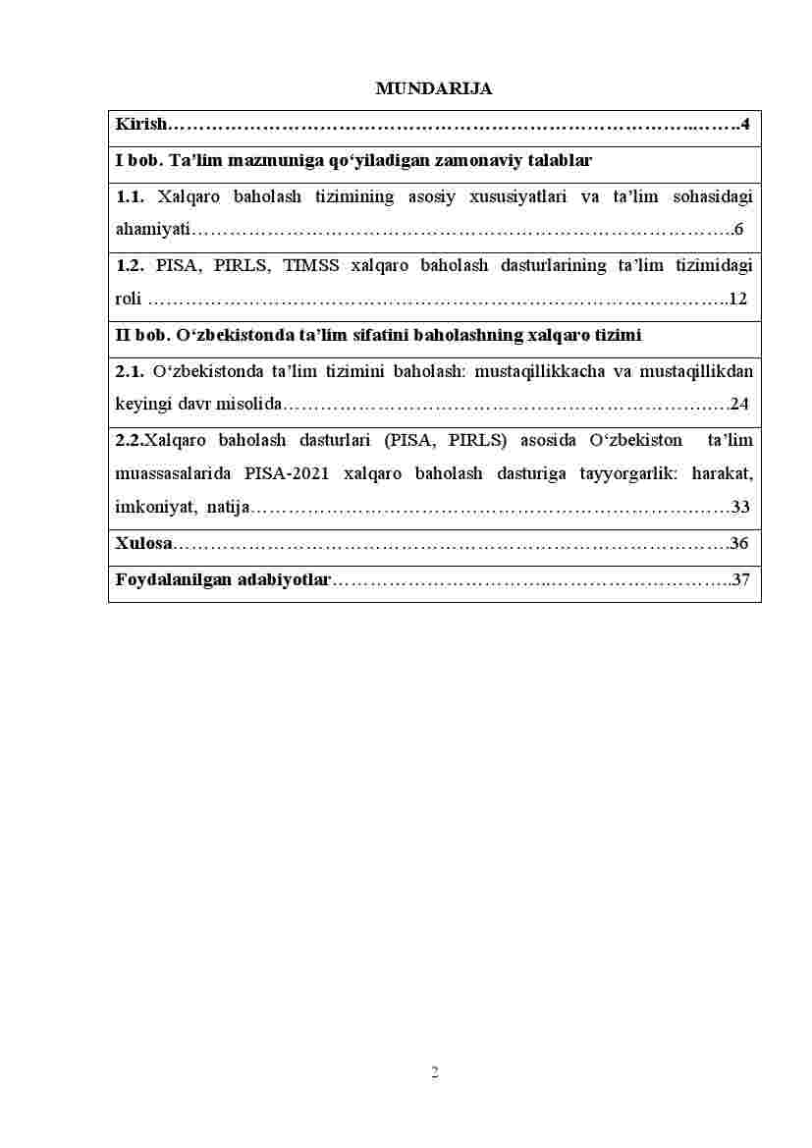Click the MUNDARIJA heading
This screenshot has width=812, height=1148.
pos(434,89)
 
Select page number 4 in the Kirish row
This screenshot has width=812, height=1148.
pos(745,125)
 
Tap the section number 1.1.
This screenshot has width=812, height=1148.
pos(130,196)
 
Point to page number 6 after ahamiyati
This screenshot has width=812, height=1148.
pos(738,231)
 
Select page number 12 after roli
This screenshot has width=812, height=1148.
pos(738,299)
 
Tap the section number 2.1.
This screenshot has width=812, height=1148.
pos(130,371)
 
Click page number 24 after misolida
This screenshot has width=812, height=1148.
pos(739,405)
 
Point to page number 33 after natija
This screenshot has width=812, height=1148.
pos(741,508)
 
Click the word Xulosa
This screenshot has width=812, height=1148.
pos(143,543)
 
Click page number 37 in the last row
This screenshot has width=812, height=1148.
pos(741,579)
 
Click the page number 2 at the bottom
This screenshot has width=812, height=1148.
pos(435,1072)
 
